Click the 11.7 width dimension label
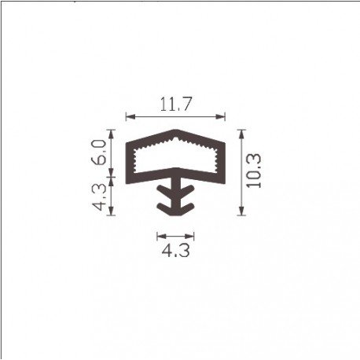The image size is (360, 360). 176,104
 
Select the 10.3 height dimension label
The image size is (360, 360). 254,171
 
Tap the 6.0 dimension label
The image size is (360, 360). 99,152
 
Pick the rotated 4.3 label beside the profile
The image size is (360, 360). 99,197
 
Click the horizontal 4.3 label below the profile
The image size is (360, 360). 175,251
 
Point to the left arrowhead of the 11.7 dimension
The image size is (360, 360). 130,116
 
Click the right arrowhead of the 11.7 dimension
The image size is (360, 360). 220,116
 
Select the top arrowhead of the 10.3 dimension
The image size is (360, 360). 241,134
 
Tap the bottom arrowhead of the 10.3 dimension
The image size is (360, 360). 241,211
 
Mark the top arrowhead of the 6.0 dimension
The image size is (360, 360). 112,134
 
